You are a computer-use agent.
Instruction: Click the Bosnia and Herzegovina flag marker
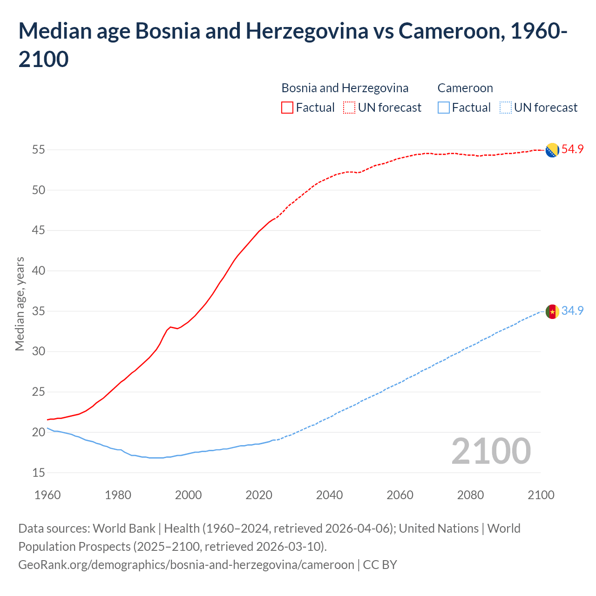click(x=552, y=150)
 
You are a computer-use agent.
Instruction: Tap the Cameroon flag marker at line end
click(x=552, y=312)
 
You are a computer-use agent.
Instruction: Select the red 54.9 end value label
click(x=572, y=149)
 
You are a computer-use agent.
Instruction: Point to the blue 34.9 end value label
click(x=572, y=311)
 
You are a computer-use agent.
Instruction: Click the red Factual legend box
click(x=287, y=108)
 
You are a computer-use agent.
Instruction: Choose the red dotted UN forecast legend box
click(x=349, y=108)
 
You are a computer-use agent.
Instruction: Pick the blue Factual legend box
click(x=444, y=108)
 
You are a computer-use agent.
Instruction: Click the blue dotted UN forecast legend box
click(x=506, y=108)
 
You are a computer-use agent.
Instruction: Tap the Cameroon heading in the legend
click(x=465, y=88)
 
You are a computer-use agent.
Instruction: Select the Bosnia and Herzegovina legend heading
click(x=345, y=88)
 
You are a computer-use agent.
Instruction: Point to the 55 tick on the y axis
click(x=39, y=150)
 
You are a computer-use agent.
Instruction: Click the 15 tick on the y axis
click(x=39, y=473)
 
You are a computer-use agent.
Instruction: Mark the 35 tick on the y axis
click(x=39, y=311)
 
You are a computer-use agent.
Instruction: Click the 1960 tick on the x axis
click(x=47, y=495)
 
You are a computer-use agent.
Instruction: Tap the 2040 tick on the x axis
click(x=329, y=495)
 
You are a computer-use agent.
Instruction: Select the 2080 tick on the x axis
click(x=470, y=495)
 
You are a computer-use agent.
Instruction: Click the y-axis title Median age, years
click(x=20, y=304)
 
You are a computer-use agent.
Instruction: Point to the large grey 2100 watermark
click(x=491, y=451)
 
